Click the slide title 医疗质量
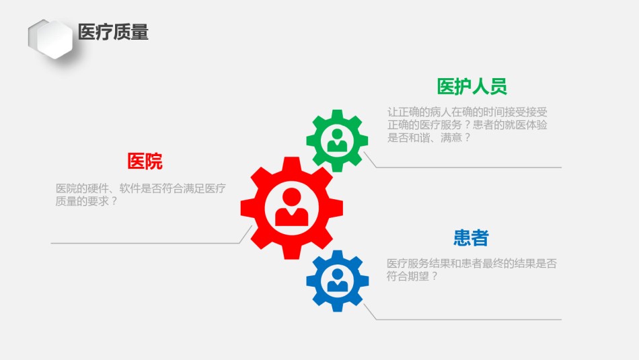click(113, 32)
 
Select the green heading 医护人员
click(472, 86)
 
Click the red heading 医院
click(145, 161)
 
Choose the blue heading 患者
click(471, 238)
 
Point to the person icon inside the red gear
click(292, 207)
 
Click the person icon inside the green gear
click(337, 140)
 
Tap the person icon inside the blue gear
click(338, 280)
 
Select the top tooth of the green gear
click(337, 114)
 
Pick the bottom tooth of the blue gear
click(338, 307)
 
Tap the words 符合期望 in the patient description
click(408, 276)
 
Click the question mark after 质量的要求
click(114, 201)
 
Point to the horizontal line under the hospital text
click(145, 244)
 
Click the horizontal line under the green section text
click(469, 167)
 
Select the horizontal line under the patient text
click(469, 320)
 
